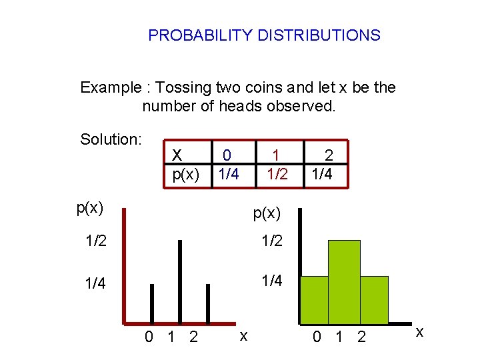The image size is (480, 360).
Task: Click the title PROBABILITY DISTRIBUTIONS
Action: coord(264,35)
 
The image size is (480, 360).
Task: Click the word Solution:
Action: coord(111,139)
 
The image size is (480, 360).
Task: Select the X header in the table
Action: coord(177,156)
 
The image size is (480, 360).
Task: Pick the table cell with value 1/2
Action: coord(277,174)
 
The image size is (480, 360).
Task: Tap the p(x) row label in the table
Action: coord(186,174)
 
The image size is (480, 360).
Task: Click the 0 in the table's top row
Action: coord(227,156)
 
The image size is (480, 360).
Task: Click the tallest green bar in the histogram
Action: coord(344,282)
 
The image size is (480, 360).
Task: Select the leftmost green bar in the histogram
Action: coord(314,299)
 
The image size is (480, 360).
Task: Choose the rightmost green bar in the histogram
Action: coord(374,299)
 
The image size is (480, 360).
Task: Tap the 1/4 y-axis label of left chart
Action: coord(95,284)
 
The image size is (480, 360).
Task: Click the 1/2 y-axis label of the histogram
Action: coord(271,241)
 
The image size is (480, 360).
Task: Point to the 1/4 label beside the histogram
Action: coord(271,281)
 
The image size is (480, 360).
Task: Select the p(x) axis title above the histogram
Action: coord(267,213)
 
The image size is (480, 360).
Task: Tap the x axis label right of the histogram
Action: coord(419,331)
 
